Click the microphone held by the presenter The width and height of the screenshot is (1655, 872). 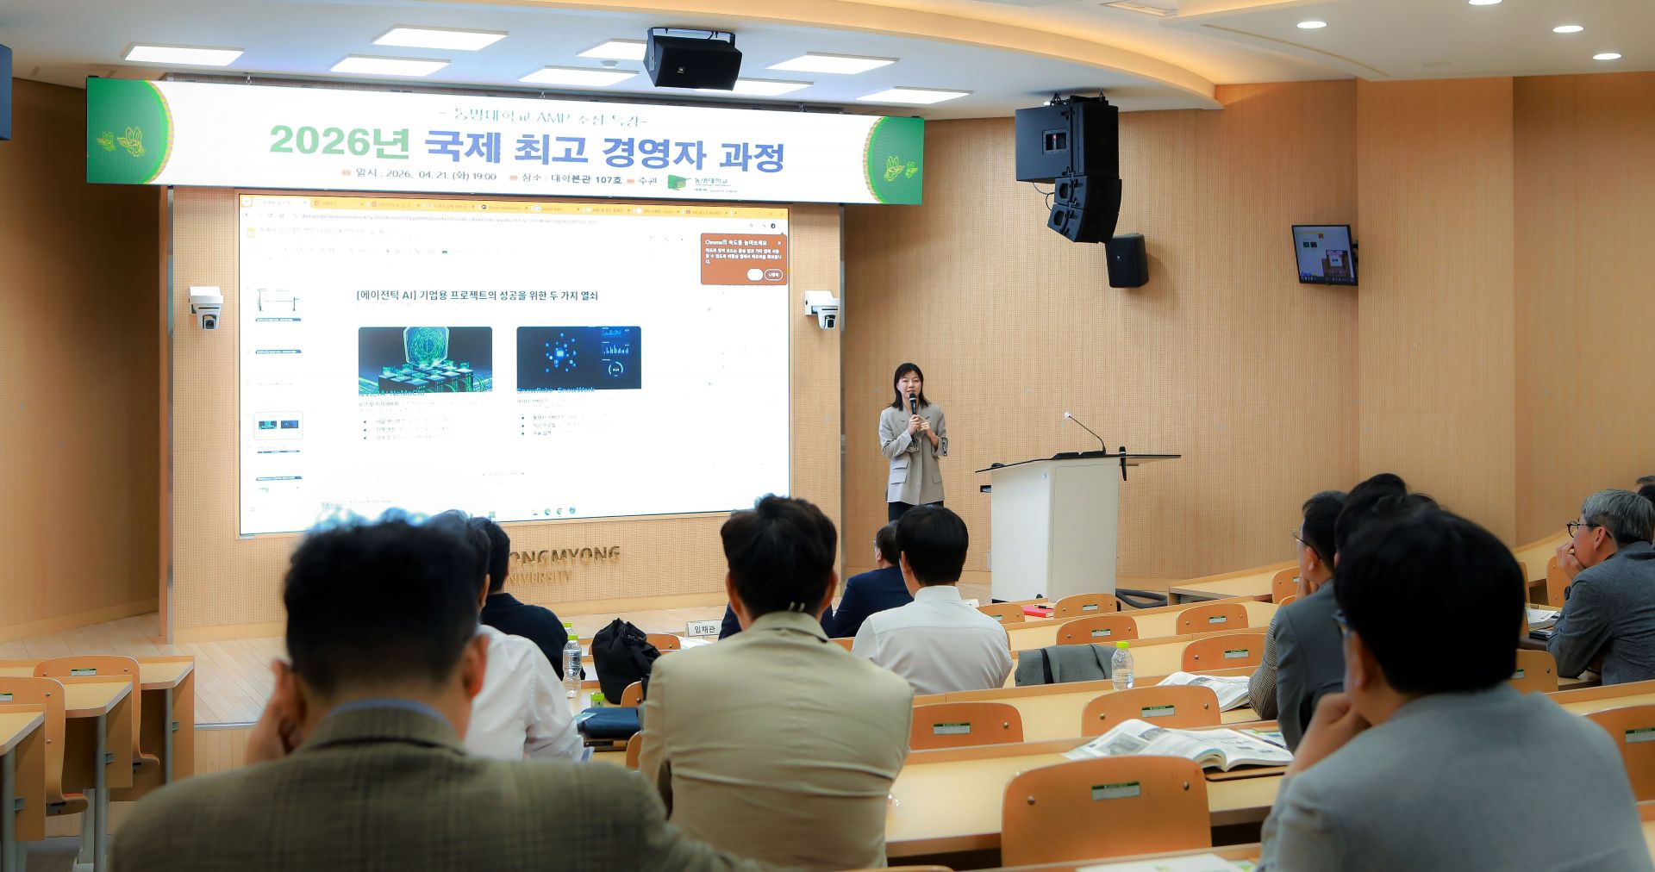912,402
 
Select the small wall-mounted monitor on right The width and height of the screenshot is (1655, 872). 1323,254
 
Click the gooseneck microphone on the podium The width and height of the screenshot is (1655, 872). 1084,431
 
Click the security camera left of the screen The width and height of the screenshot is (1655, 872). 207,308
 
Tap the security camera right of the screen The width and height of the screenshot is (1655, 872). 822,308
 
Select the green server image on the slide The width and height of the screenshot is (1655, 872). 425,359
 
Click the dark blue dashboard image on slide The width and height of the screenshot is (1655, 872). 578,358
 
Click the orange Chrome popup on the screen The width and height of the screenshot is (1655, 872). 743,258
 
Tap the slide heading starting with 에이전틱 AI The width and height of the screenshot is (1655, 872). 477,296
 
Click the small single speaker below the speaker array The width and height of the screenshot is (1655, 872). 1127,260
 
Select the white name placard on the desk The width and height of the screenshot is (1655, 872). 705,629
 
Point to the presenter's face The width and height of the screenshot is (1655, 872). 909,380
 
